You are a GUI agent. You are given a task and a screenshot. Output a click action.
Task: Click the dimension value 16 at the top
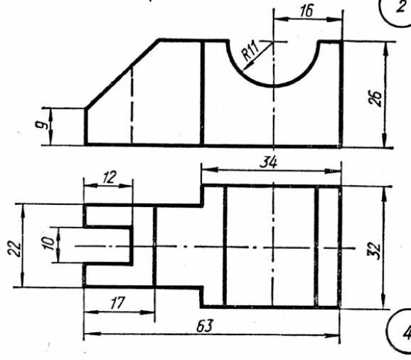306,11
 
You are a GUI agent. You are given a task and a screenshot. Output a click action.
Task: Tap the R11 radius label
250,51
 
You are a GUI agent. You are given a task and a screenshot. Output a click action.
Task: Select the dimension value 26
375,98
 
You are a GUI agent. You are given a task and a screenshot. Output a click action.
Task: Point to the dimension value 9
43,125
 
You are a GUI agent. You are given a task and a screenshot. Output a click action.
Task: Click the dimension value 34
268,163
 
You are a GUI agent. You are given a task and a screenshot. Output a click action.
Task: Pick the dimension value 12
109,177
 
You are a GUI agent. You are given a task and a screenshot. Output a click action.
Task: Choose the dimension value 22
14,248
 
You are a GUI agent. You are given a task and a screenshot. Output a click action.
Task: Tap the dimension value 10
49,243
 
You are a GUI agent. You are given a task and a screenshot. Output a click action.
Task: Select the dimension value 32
375,251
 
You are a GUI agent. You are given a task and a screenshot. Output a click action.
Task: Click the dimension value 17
117,302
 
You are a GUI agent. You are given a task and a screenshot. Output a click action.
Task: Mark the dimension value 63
205,326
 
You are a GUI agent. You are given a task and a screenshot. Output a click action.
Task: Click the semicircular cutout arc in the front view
274,85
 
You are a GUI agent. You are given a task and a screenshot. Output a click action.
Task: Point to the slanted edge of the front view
122,74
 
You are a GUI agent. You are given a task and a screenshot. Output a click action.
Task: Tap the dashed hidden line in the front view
132,105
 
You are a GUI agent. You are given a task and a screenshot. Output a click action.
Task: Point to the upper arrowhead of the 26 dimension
386,49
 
